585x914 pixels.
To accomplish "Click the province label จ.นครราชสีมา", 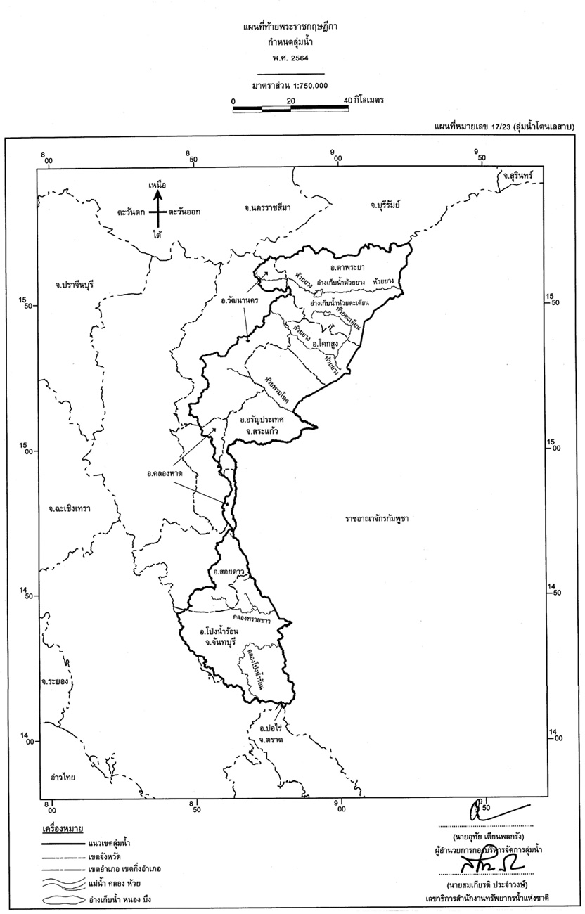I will point(267,207).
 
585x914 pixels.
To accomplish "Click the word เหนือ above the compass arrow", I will point(157,184).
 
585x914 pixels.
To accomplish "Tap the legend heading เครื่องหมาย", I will point(63,829).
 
